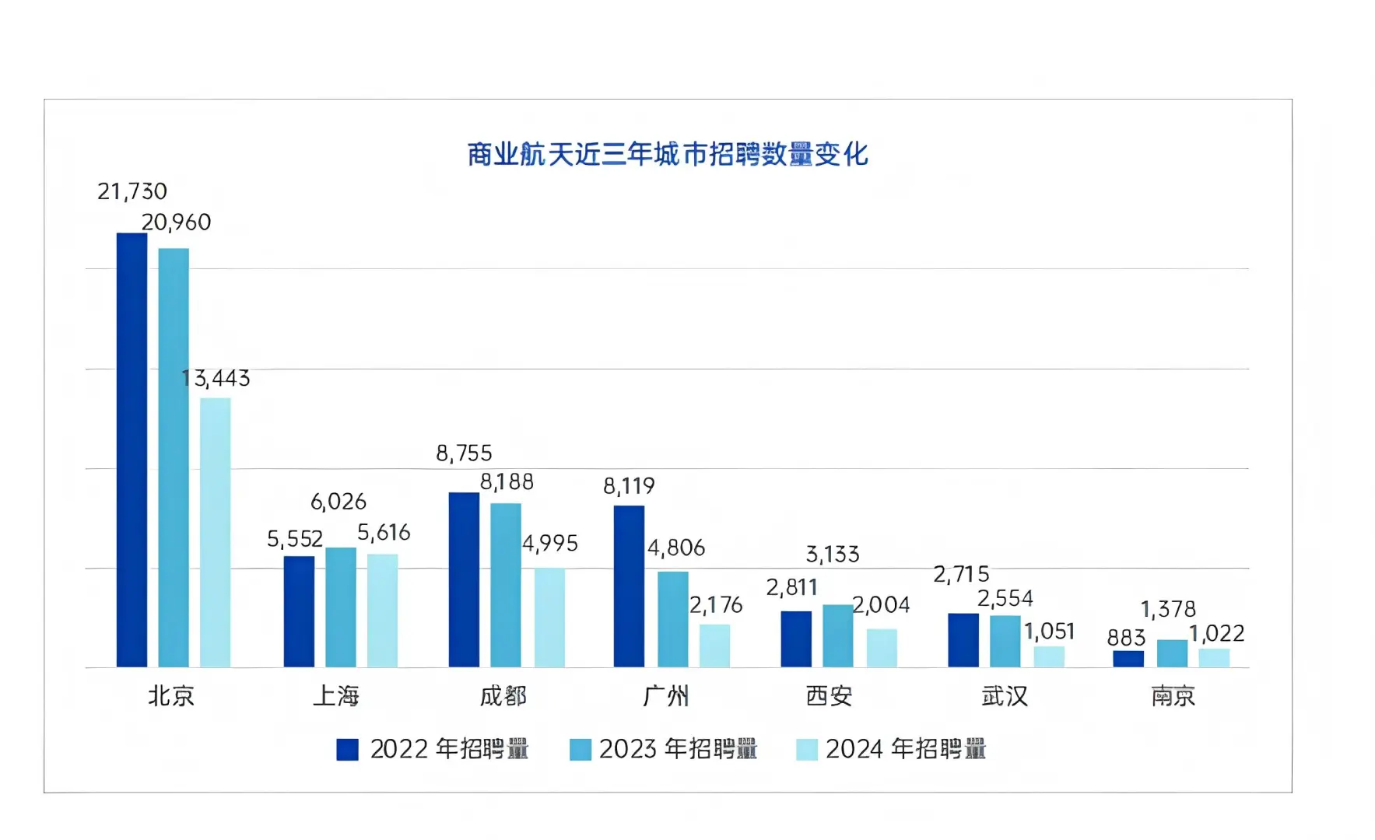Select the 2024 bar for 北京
coord(215,532)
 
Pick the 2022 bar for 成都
coord(464,579)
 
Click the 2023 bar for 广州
coord(672,619)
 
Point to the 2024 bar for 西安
coord(882,648)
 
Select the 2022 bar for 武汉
coord(963,640)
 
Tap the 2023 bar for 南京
coord(1172,653)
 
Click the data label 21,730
coord(132,191)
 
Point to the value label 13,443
coord(216,379)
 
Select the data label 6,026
coord(338,502)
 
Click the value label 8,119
coord(629,486)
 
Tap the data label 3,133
coord(833,555)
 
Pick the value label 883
coord(1126,638)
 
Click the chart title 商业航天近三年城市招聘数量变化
coord(668,154)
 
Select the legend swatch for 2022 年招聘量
coord(347,749)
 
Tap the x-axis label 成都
coord(503,695)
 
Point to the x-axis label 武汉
coord(1005,695)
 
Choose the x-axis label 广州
coord(666,695)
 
